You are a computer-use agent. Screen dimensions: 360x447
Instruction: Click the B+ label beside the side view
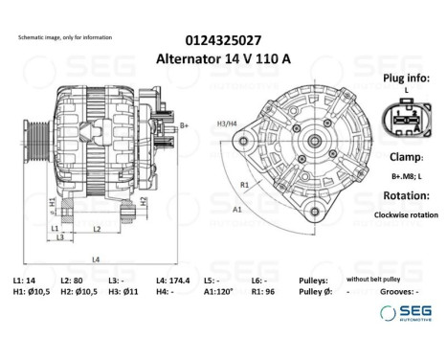[184, 125]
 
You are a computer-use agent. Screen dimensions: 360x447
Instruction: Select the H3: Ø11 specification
[123, 291]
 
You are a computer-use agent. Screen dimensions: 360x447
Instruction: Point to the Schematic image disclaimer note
[65, 37]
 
